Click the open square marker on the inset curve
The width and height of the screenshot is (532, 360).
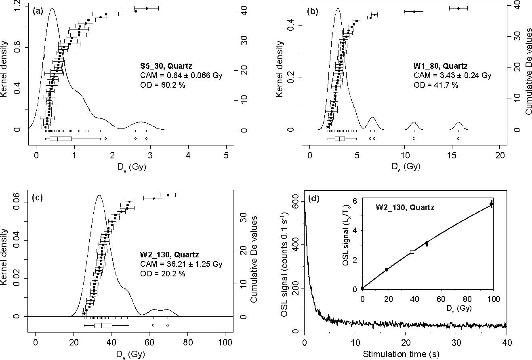(412, 252)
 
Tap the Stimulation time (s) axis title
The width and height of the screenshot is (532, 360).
(405, 355)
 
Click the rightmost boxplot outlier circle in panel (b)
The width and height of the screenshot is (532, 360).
(458, 138)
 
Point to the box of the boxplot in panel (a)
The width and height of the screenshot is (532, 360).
(61, 139)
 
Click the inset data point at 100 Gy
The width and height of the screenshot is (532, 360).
(491, 204)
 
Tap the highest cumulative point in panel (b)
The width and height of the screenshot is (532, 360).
(458, 8)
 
